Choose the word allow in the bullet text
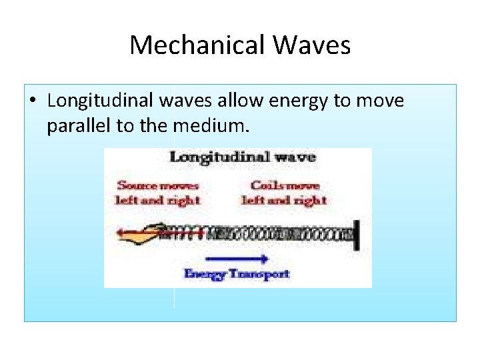pos(242,101)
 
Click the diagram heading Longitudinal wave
pos(242,157)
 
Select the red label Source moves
pos(157,185)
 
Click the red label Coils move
pos(285,185)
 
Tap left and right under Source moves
pos(158,199)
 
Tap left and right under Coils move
pos(284,199)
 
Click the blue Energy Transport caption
pos(237,273)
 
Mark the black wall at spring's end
pos(358,233)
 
